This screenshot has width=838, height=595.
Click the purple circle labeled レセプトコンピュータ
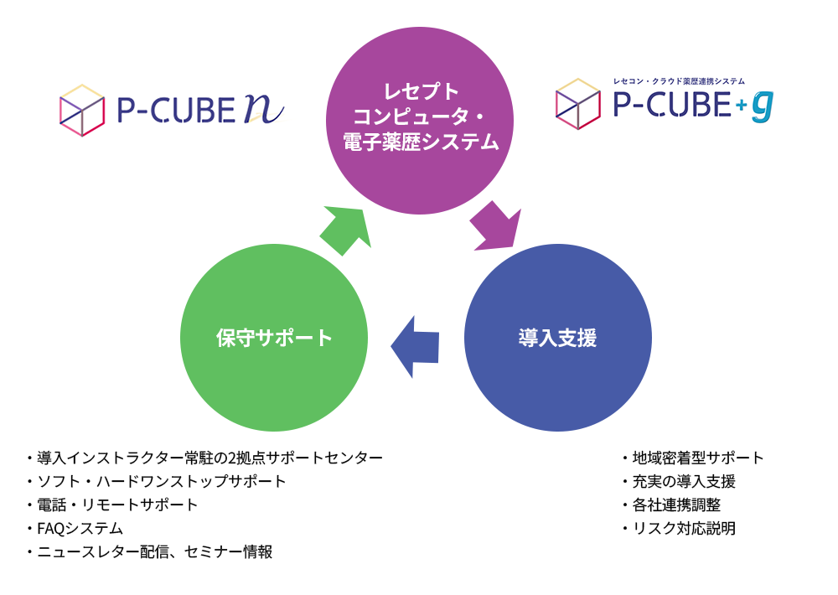pos(419,117)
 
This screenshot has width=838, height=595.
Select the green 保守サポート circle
pos(274,338)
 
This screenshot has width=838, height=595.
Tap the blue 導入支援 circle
pos(557,338)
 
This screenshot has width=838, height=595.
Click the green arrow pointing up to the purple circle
pos(345,230)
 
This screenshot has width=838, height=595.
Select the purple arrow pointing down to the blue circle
pos(495,227)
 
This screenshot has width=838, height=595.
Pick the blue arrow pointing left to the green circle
pos(416,345)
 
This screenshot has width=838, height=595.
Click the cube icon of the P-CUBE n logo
pos(82,110)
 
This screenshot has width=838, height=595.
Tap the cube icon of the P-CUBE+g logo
pos(578,104)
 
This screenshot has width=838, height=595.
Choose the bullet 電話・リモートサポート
pos(117,504)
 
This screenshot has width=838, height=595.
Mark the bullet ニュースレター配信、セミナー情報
pos(154,551)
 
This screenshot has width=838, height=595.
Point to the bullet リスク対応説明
pos(683,528)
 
